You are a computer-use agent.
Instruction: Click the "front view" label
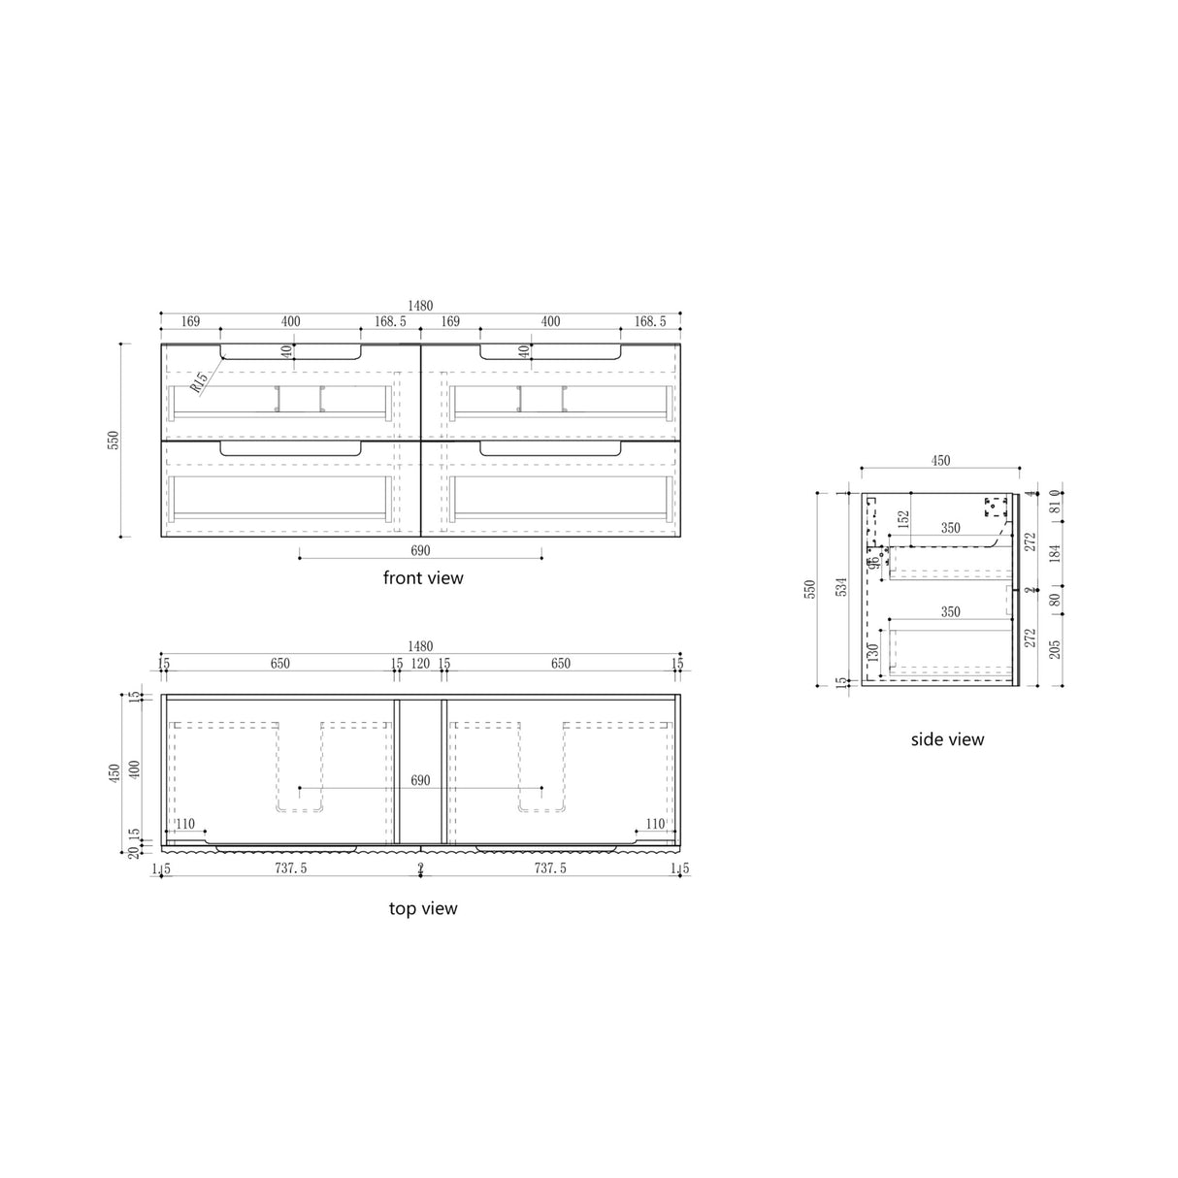(423, 578)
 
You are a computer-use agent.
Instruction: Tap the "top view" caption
(423, 909)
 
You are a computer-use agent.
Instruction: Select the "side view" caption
(947, 739)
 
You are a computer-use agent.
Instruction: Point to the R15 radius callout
(199, 381)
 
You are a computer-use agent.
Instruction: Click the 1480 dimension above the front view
(420, 305)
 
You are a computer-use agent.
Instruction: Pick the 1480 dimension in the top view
(420, 646)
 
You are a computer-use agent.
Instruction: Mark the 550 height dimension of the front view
(113, 440)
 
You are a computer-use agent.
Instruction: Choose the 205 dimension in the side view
(1055, 644)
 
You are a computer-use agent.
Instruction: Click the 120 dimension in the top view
(420, 665)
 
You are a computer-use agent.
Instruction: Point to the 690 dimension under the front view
(420, 550)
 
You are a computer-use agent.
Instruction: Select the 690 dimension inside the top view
(420, 780)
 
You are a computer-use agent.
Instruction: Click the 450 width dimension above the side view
(940, 461)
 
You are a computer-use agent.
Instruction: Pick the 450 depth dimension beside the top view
(115, 771)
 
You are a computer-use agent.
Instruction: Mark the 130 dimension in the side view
(872, 651)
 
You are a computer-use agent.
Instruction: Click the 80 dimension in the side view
(1055, 600)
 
